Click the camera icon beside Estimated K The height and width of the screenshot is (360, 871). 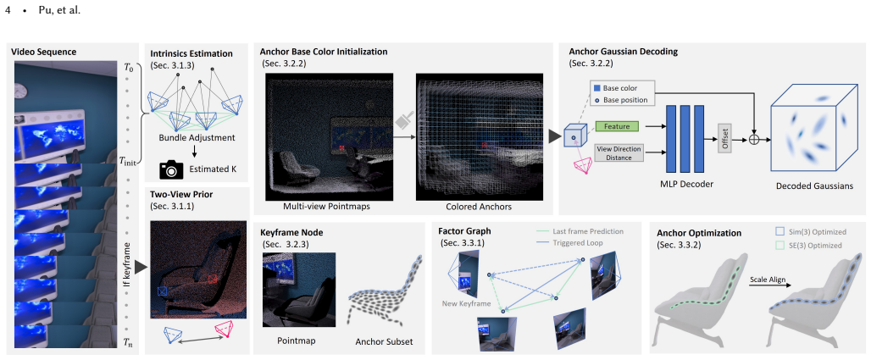tap(171, 169)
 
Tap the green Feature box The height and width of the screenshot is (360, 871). tap(617, 127)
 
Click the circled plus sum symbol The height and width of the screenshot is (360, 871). tap(754, 140)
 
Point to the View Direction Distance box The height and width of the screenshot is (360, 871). tap(619, 152)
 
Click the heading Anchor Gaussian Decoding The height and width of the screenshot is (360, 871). tap(624, 53)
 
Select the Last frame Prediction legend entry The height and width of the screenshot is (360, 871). tap(580, 231)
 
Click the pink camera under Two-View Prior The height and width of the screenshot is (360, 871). tap(225, 330)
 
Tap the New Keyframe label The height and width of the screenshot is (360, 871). tap(467, 303)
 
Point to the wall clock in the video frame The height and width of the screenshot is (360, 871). tap(21, 90)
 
